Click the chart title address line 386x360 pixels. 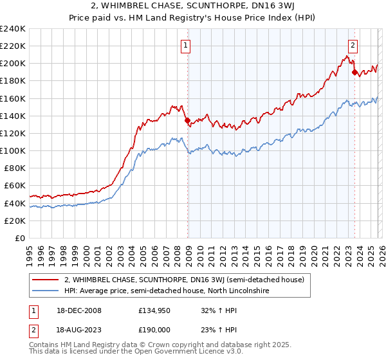(x=193, y=7)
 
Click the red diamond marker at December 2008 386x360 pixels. (x=187, y=120)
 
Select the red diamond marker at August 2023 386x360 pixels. (x=354, y=72)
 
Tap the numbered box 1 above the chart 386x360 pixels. (x=185, y=45)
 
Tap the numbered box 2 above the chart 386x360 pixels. (x=353, y=45)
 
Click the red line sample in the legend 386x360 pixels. (x=47, y=280)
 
